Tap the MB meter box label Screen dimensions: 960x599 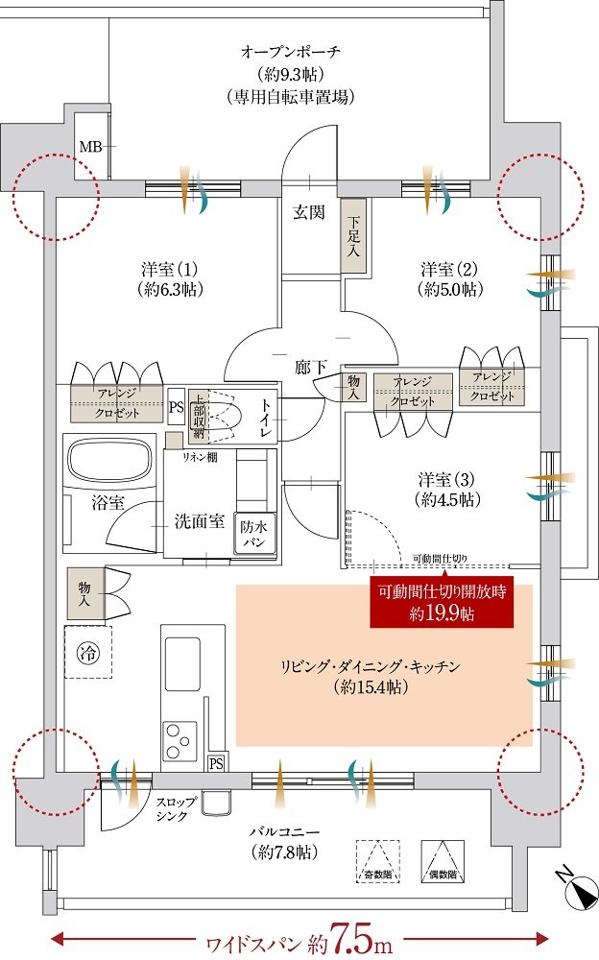point(89,147)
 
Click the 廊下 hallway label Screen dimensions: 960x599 point(310,365)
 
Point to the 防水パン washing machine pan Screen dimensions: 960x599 point(254,534)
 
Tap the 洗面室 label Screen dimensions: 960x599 point(199,521)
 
